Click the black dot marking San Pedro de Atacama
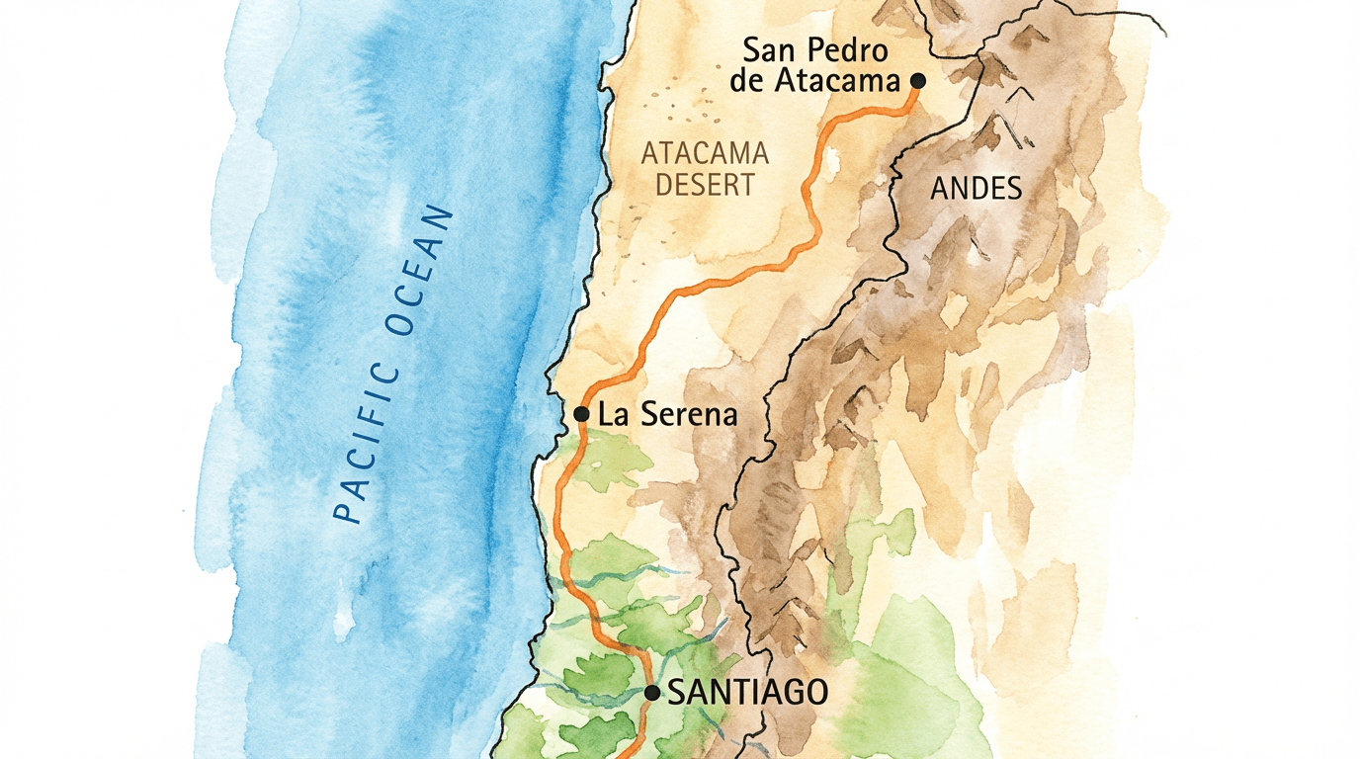(x=918, y=80)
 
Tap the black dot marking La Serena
(x=582, y=413)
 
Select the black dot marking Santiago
(x=652, y=693)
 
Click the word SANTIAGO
(x=747, y=693)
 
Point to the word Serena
(x=688, y=414)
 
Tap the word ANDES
(x=976, y=188)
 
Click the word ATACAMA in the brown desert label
(x=705, y=153)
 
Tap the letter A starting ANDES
(x=940, y=188)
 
